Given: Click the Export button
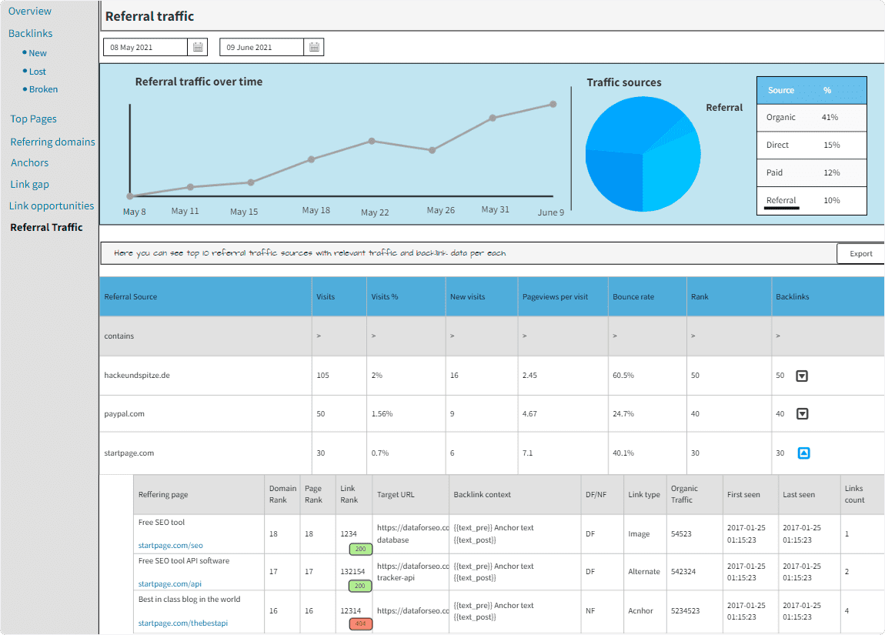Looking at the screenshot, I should [x=860, y=254].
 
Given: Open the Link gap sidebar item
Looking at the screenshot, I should [x=30, y=185].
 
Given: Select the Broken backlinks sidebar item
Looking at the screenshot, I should [x=43, y=89].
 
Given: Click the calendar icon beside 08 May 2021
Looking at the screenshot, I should [x=198, y=48].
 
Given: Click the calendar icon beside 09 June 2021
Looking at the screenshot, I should [x=314, y=48].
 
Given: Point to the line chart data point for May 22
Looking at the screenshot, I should [x=372, y=141].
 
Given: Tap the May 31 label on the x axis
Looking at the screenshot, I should [x=495, y=209].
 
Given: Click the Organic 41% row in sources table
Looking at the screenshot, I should [x=811, y=118].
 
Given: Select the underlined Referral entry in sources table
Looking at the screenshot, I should [x=781, y=201].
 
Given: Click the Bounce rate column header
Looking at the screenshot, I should [x=633, y=297].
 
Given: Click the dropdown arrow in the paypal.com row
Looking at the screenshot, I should [x=802, y=414].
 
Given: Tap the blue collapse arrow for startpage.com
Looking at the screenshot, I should [x=803, y=453].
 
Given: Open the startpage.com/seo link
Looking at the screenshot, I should [x=170, y=546].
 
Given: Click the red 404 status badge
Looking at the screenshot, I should [x=360, y=624].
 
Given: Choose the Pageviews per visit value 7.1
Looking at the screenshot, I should [x=528, y=453].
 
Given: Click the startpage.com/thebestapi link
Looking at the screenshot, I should [x=182, y=623].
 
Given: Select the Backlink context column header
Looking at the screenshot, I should [x=482, y=495].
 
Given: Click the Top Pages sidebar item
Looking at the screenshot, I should [x=33, y=119].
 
